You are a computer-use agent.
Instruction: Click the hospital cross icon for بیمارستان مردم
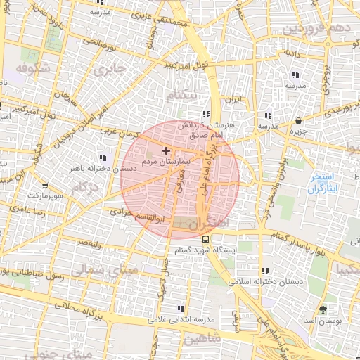[166, 150]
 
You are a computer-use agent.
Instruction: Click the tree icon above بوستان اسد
[323, 309]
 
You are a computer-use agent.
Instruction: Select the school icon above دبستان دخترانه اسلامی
[264, 271]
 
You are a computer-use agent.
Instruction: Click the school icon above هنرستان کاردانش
[205, 114]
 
